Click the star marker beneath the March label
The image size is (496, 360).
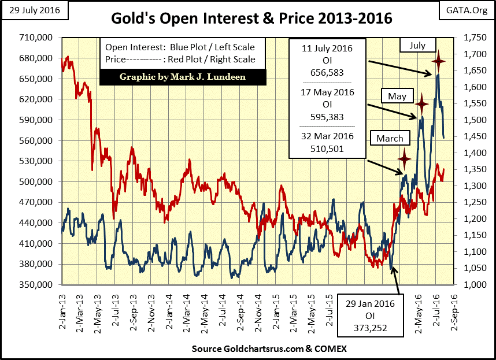click(x=404, y=157)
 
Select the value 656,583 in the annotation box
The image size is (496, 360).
click(x=328, y=72)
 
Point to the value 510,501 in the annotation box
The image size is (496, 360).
click(x=328, y=149)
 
